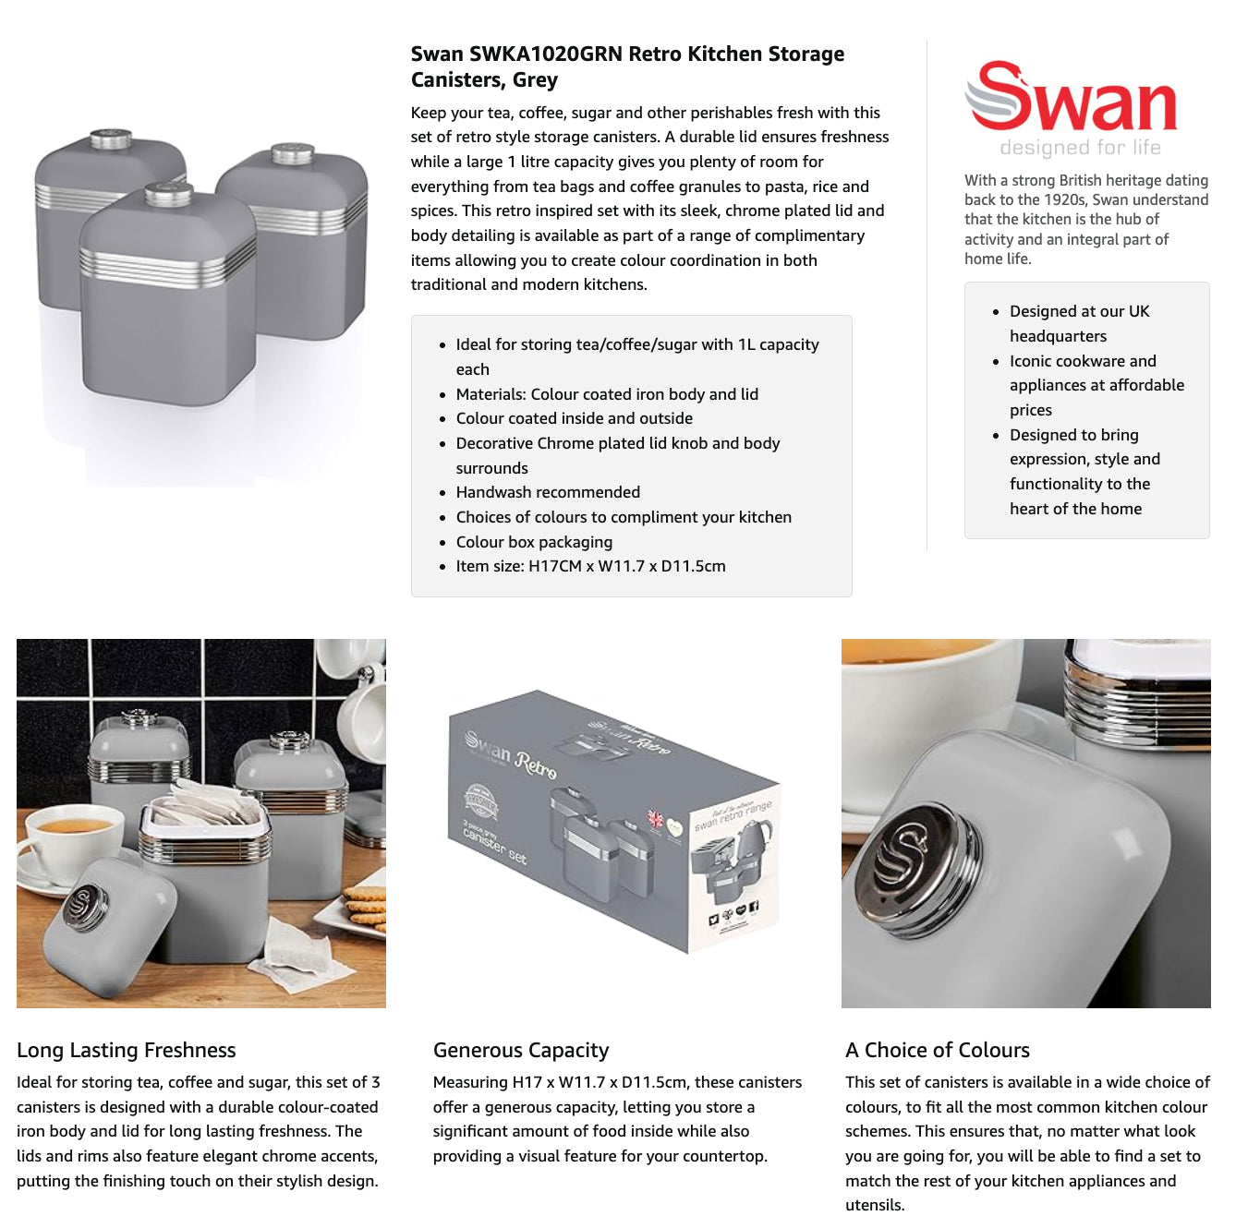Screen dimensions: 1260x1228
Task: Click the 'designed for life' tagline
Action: pyautogui.click(x=1079, y=148)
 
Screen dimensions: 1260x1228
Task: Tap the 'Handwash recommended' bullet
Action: pyautogui.click(x=547, y=492)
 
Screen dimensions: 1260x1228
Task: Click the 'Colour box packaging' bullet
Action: pyautogui.click(x=534, y=542)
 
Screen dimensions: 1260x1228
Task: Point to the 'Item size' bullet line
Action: pyautogui.click(x=590, y=566)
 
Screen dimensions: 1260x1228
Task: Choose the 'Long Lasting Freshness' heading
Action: pyautogui.click(x=127, y=1049)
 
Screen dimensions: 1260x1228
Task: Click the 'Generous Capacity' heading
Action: pyautogui.click(x=521, y=1049)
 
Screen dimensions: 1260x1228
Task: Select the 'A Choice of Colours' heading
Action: pyautogui.click(x=937, y=1049)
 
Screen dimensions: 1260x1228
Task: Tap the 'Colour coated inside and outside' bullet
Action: pyautogui.click(x=574, y=418)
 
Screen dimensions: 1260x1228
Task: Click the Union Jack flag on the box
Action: pyautogui.click(x=655, y=819)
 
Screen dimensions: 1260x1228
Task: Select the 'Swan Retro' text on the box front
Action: pyautogui.click(x=512, y=754)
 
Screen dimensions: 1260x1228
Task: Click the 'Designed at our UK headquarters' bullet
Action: pyautogui.click(x=1079, y=323)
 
